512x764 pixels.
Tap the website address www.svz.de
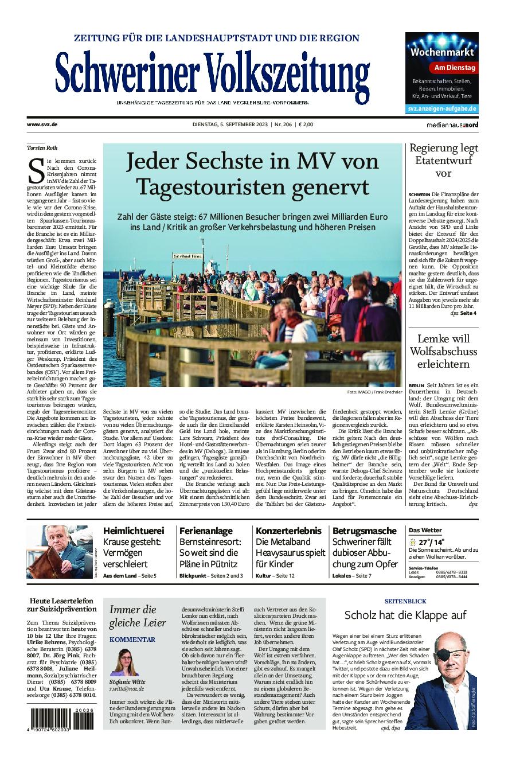coord(42,124)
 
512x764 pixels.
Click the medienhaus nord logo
coord(452,124)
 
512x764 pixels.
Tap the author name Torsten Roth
coord(42,148)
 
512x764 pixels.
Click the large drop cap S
coord(36,170)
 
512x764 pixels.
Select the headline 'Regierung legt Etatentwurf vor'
coord(443,161)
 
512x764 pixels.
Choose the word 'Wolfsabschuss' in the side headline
coord(443,351)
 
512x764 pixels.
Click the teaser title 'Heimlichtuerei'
coord(134,531)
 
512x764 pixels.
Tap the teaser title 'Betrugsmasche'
coord(365,531)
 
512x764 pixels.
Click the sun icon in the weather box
coord(412,542)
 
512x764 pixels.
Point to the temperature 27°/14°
coord(431,542)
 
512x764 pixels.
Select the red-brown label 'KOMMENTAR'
coord(132,639)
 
